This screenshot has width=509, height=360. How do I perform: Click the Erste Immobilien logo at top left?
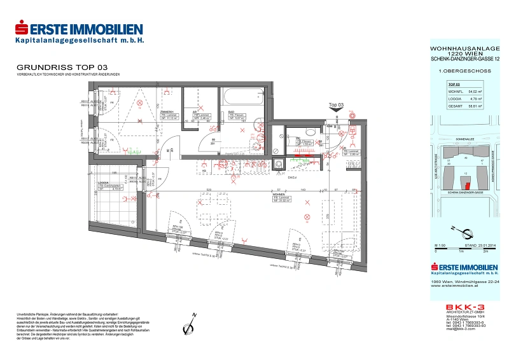(79, 32)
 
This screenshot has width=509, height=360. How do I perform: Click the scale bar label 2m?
(485, 252)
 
